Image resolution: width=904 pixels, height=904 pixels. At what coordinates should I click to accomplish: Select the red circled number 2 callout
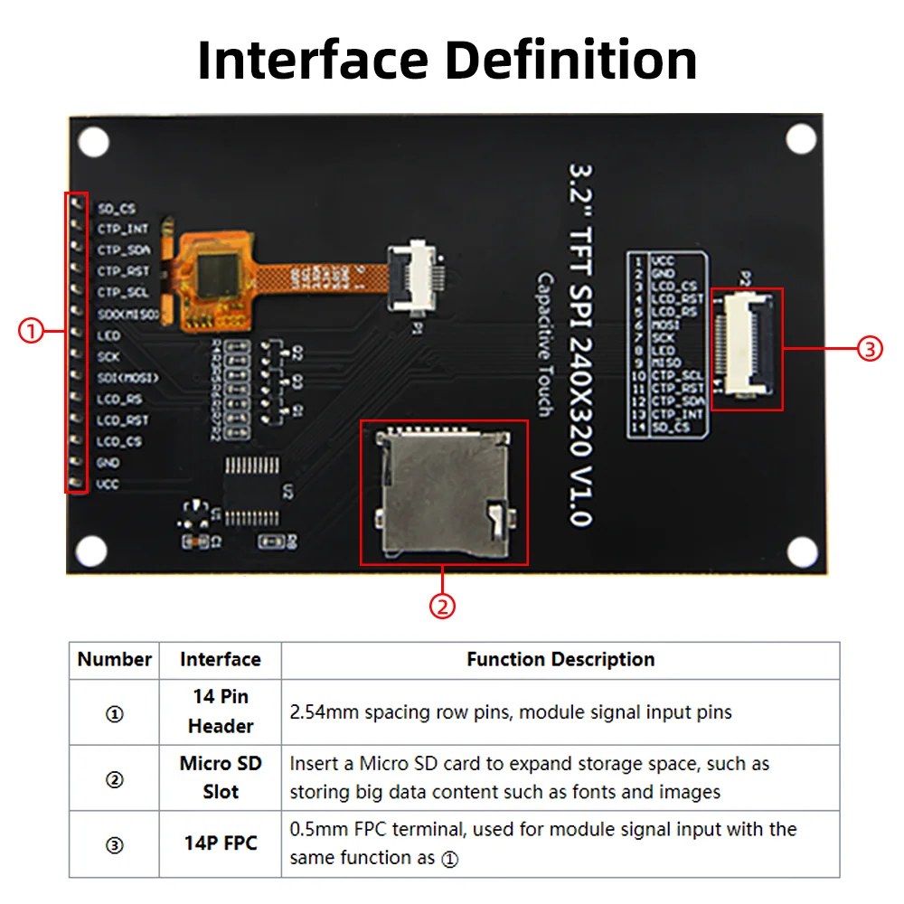(442, 606)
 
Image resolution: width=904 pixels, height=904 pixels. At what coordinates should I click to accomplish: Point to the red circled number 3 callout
(869, 349)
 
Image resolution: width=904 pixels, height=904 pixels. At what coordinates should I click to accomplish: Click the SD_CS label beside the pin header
(117, 209)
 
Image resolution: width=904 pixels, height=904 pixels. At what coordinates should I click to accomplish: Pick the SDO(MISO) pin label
(127, 315)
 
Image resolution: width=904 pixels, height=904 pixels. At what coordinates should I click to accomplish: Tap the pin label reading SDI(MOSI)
(127, 378)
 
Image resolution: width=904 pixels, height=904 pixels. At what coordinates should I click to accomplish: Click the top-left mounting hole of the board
(94, 142)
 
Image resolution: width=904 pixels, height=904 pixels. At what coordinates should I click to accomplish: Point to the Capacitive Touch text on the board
(544, 344)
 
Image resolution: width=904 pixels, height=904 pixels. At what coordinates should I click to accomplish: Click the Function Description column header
(560, 660)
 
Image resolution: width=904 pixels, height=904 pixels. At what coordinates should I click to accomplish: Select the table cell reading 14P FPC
(221, 843)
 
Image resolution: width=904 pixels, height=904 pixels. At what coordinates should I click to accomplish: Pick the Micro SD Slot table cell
(221, 777)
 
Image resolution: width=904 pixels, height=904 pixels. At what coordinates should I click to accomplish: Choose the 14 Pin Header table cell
(221, 711)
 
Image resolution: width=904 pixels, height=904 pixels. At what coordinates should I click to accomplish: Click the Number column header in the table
(115, 660)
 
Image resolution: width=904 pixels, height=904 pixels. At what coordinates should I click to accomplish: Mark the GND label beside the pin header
(108, 463)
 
